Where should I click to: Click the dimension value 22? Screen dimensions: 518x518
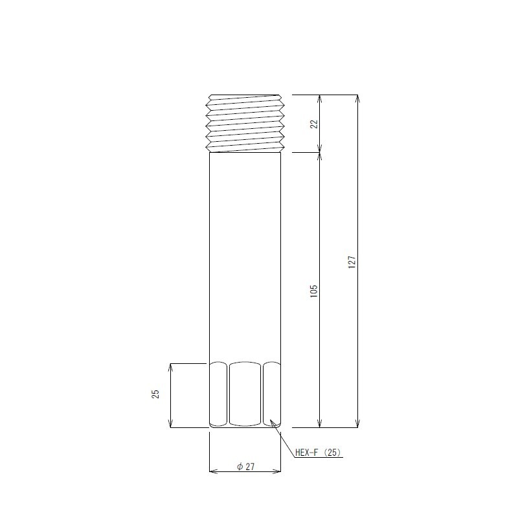point(315,124)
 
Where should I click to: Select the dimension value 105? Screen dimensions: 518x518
point(315,290)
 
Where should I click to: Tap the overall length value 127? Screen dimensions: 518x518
point(352,262)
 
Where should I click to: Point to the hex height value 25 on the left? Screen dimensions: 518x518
point(156,394)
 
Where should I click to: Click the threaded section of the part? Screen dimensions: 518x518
point(246,123)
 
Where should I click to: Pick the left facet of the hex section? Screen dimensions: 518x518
point(218,394)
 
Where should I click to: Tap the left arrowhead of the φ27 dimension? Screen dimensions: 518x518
point(212,471)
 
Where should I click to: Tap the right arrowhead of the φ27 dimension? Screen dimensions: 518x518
point(278,471)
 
